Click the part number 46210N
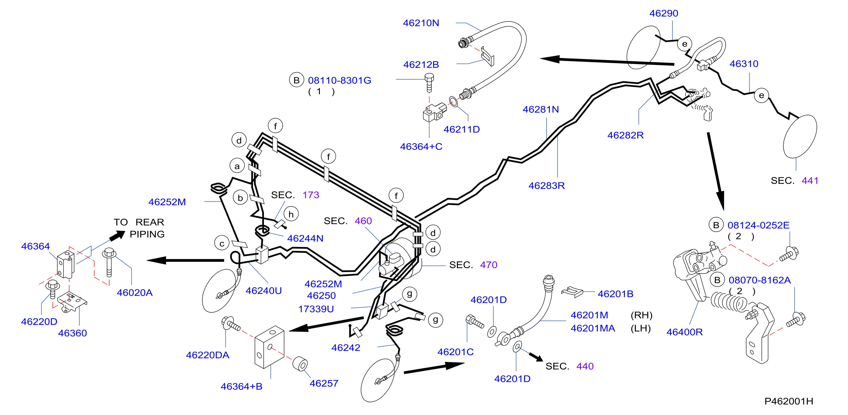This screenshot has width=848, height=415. [421, 23]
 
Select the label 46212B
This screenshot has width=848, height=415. [421, 65]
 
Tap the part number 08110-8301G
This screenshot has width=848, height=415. [339, 80]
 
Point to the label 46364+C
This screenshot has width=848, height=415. [421, 147]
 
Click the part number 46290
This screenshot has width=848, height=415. [664, 13]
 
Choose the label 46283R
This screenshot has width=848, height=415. [546, 186]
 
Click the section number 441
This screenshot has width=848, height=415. [810, 180]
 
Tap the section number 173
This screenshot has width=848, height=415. [311, 195]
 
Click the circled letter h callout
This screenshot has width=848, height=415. [291, 214]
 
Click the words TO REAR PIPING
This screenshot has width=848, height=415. [139, 228]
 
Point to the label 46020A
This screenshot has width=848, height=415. [135, 293]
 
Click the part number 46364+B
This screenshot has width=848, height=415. [241, 386]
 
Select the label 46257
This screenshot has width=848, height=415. [324, 383]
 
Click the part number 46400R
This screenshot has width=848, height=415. [684, 332]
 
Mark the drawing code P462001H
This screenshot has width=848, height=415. [788, 401]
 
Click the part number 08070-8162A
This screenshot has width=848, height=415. [759, 280]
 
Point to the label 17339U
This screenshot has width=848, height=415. [316, 309]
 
